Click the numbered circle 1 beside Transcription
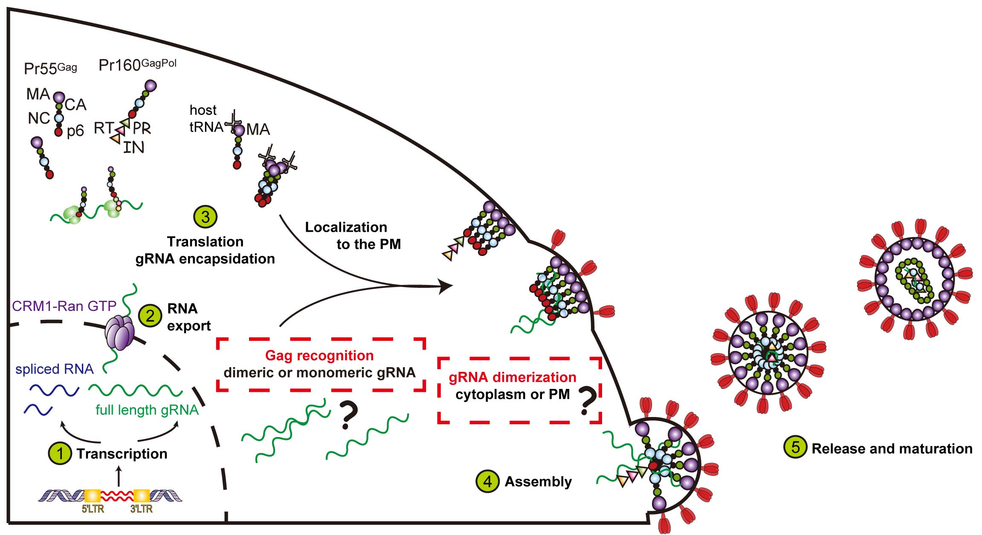pyautogui.click(x=60, y=453)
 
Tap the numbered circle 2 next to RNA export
pyautogui.click(x=150, y=316)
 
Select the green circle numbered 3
pyautogui.click(x=206, y=217)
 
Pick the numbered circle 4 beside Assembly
pyautogui.click(x=487, y=481)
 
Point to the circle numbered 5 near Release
pyautogui.click(x=795, y=447)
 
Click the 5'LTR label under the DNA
pyautogui.click(x=93, y=509)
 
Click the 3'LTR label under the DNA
pyautogui.click(x=142, y=509)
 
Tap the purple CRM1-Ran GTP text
pyautogui.click(x=64, y=306)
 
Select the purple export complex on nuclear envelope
pyautogui.click(x=119, y=334)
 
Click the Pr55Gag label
pyautogui.click(x=50, y=68)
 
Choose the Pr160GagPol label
pyautogui.click(x=137, y=65)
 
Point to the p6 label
pyautogui.click(x=75, y=131)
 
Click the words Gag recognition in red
pyautogui.click(x=319, y=355)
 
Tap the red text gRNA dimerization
pyautogui.click(x=512, y=377)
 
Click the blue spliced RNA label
pyautogui.click(x=54, y=369)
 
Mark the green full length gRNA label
pyautogui.click(x=147, y=410)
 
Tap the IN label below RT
pyautogui.click(x=133, y=147)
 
